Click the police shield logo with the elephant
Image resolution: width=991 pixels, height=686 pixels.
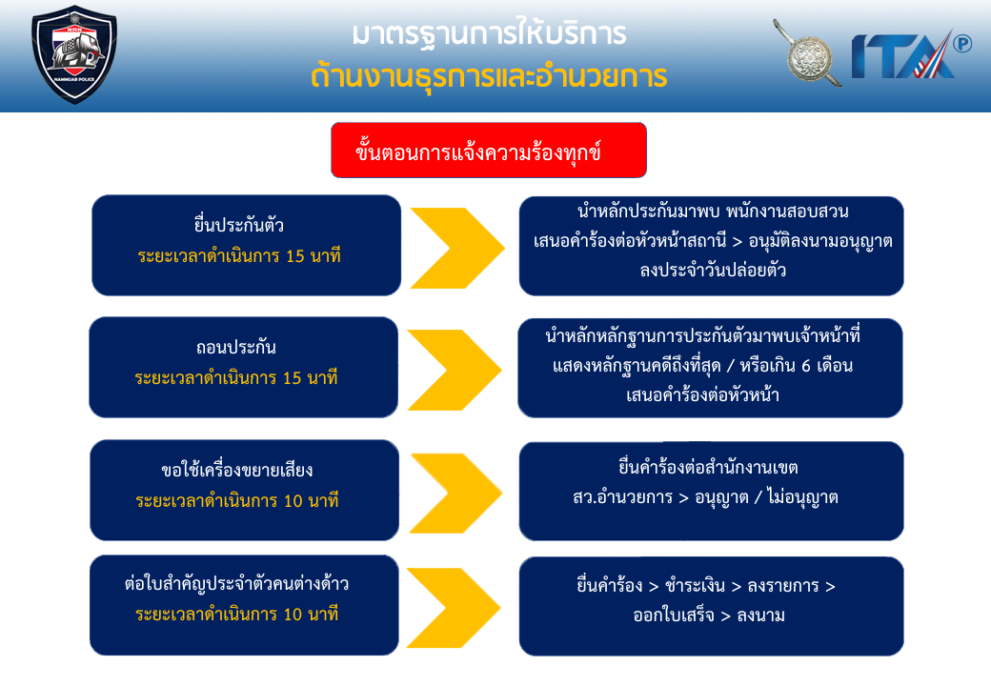(x=74, y=54)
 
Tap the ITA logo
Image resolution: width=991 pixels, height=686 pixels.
(x=903, y=55)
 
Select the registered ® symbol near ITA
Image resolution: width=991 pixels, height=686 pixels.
(x=962, y=44)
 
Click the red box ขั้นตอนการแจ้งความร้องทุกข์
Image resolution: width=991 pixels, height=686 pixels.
(x=489, y=151)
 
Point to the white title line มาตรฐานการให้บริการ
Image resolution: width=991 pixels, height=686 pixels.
(x=489, y=33)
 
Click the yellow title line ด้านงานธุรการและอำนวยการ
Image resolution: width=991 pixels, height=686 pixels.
(x=489, y=76)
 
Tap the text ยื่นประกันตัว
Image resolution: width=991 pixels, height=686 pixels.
(x=239, y=225)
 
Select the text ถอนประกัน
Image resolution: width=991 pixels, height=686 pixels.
(x=235, y=347)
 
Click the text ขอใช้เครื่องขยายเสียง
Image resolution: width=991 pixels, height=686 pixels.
(x=237, y=470)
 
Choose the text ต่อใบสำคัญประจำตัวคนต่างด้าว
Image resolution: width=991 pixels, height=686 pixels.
(x=236, y=584)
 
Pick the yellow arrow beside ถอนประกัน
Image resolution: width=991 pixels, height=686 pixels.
(x=455, y=371)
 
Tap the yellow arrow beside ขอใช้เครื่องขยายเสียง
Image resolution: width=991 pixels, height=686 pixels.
(x=456, y=493)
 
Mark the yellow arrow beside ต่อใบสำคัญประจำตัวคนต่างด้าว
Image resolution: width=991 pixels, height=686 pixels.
(x=454, y=608)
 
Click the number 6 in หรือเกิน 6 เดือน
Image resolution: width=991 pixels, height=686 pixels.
(x=800, y=366)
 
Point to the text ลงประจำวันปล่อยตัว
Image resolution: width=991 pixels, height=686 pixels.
(x=713, y=271)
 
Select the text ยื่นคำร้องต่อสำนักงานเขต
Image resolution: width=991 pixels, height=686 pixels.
(x=709, y=468)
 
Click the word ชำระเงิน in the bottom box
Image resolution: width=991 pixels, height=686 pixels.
(x=696, y=586)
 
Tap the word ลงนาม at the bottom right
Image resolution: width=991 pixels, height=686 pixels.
(x=761, y=615)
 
